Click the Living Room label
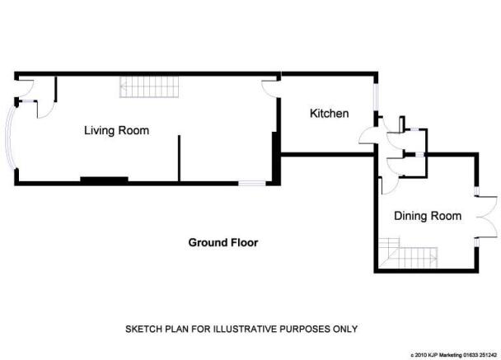pos(117,131)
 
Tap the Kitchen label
pos(329,114)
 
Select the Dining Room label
pos(428,216)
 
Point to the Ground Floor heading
pos(223,242)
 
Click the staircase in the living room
pos(149,86)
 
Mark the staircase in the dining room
pos(408,253)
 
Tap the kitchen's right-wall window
pos(376,96)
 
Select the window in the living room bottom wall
pos(252,184)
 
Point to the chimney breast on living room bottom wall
pos(104,180)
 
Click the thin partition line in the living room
pos(180,158)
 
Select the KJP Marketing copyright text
pos(454,355)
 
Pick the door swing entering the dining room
pos(390,186)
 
